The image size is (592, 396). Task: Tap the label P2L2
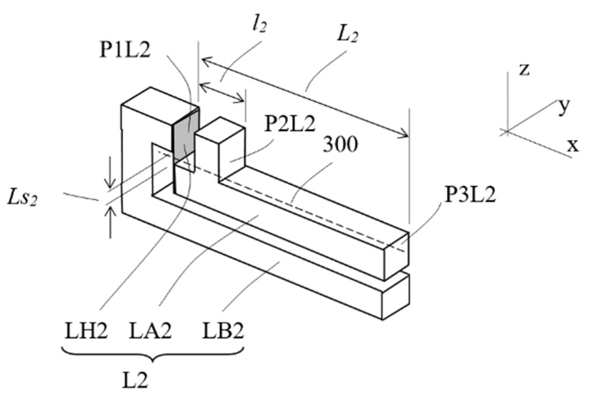pyautogui.click(x=289, y=124)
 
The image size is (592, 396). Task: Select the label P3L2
pyautogui.click(x=470, y=196)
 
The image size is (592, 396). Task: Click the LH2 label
pyautogui.click(x=86, y=331)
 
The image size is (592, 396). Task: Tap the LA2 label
pyautogui.click(x=150, y=331)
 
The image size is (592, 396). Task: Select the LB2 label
pyautogui.click(x=223, y=331)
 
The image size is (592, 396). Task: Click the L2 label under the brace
pyautogui.click(x=136, y=381)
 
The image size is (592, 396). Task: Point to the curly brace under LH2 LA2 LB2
pyautogui.click(x=153, y=355)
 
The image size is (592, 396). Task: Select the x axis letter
pyautogui.click(x=573, y=145)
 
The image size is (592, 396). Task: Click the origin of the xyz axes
pyautogui.click(x=507, y=131)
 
